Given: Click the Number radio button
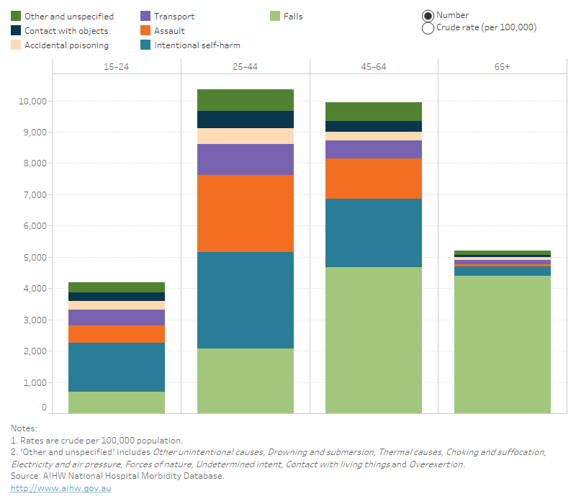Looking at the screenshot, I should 428,15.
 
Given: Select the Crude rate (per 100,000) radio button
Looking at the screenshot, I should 428,28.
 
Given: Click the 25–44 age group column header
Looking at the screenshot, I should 245,66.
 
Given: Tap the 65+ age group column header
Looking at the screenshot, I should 502,66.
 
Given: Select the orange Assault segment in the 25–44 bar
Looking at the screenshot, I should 245,213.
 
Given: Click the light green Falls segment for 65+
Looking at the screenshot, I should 502,344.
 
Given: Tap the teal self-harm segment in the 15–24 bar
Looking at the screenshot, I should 117,366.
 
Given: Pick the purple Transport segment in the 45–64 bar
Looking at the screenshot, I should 374,149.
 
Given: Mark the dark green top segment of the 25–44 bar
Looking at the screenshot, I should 245,100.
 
